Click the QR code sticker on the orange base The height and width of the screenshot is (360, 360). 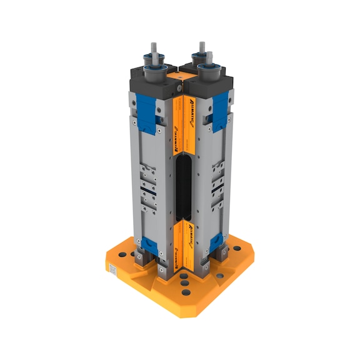pos(113,270)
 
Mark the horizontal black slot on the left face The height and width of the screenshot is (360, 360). pos(148,186)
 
